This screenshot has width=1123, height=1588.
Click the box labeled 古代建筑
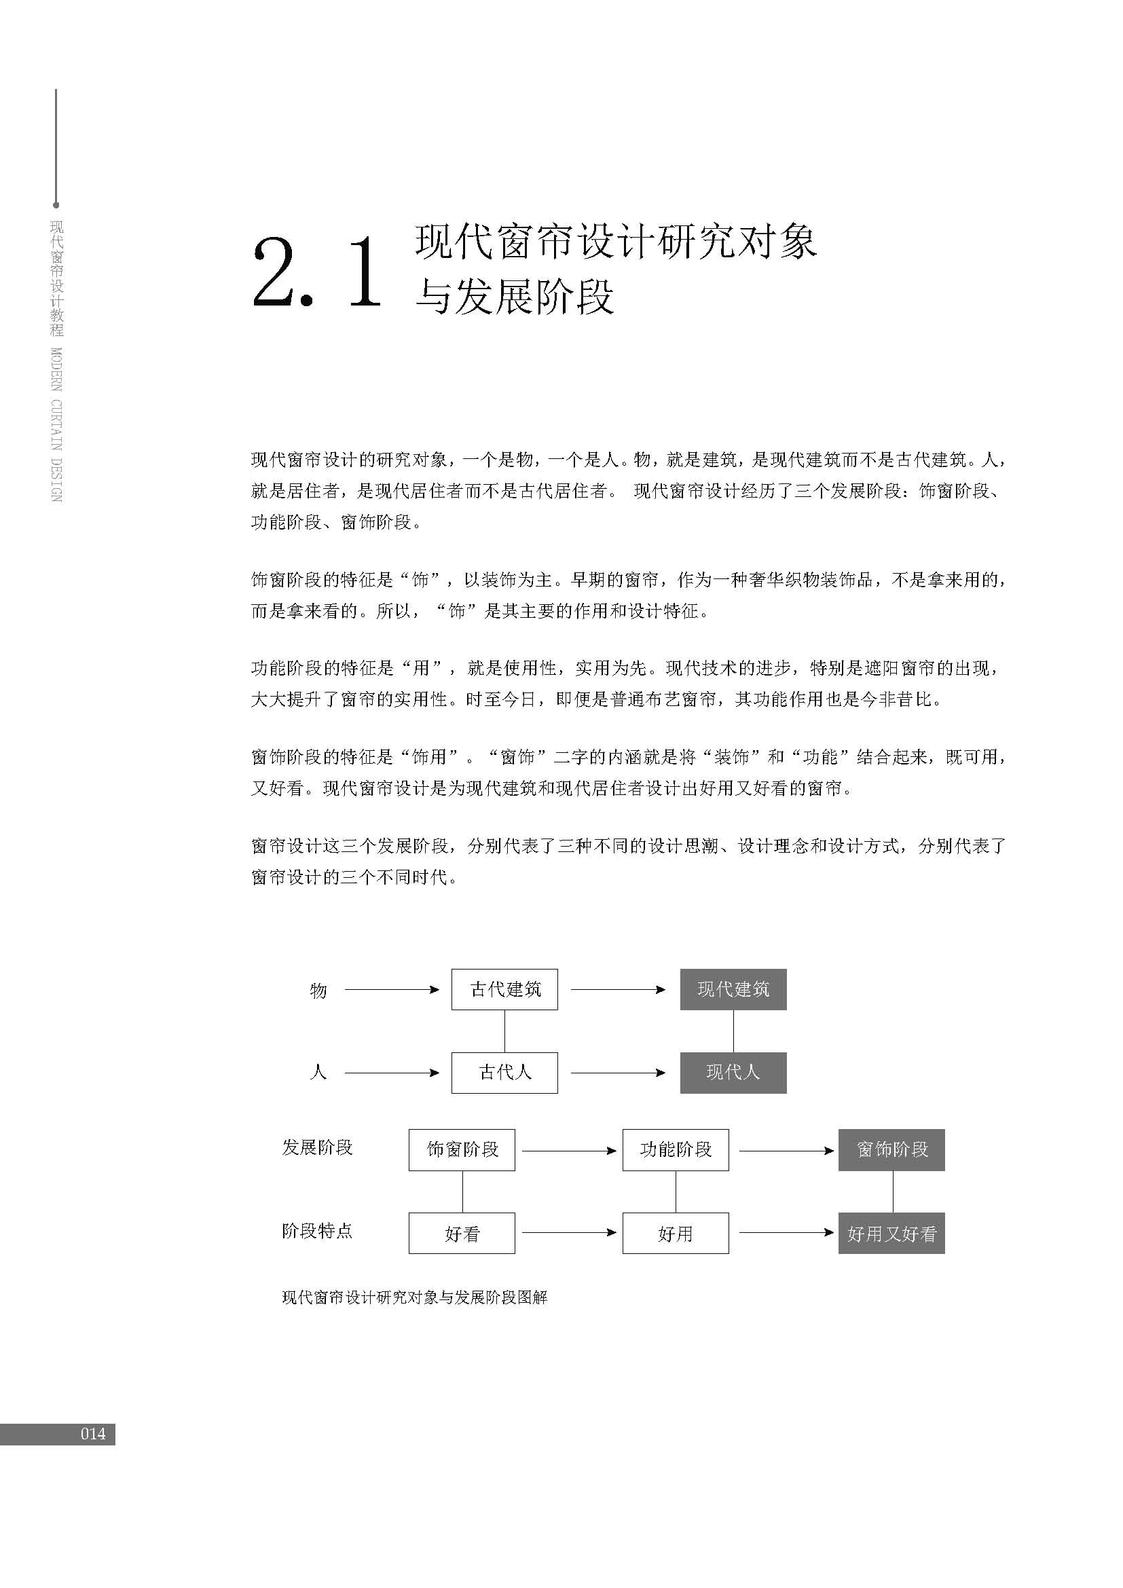[504, 990]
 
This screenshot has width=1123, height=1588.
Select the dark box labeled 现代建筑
[733, 990]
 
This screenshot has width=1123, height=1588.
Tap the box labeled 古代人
[504, 1073]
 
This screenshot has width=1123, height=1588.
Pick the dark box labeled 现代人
[733, 1073]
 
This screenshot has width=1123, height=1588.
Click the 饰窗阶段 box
[462, 1150]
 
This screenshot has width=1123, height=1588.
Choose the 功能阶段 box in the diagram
[676, 1150]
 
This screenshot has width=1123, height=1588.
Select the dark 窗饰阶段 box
[891, 1150]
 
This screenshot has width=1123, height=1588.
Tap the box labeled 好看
[462, 1233]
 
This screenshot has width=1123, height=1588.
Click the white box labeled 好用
[676, 1233]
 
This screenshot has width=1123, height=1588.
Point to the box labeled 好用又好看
[891, 1233]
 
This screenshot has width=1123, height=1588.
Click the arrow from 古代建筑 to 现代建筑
[617, 990]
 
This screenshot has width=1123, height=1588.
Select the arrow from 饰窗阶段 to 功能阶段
[568, 1151]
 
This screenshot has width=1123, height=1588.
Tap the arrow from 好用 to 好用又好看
[786, 1232]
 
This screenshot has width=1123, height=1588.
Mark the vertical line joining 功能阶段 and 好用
[676, 1192]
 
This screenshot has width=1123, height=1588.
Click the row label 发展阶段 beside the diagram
[317, 1148]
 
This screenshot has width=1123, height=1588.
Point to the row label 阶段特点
[317, 1231]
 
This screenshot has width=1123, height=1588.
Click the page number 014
[92, 1435]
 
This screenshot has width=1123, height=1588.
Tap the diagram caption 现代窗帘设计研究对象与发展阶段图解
[415, 1297]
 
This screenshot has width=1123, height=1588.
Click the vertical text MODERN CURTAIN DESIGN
[57, 424]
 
